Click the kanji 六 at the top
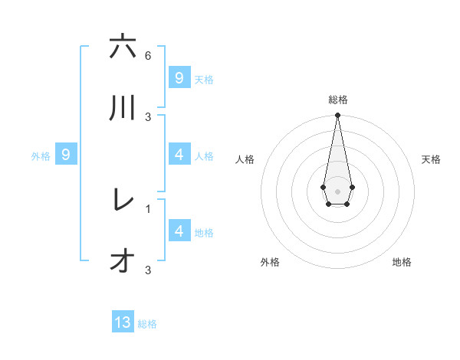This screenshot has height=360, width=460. (x=123, y=47)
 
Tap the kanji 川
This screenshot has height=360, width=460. (x=123, y=108)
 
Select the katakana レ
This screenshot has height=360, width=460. (x=123, y=200)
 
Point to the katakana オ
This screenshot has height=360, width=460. (x=123, y=261)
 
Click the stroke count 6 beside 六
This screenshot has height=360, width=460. (x=148, y=56)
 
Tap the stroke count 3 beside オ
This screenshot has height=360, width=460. (x=148, y=270)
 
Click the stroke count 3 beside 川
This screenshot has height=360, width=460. (x=148, y=116)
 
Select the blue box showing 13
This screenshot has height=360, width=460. (x=123, y=322)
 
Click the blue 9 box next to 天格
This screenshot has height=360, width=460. (x=179, y=78)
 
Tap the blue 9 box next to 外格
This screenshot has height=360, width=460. (x=66, y=155)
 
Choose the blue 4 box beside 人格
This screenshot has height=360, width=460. (x=179, y=155)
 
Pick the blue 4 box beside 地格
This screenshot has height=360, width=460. (x=179, y=231)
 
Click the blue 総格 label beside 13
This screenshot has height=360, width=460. (x=147, y=324)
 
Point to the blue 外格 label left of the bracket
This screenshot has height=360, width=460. (x=41, y=156)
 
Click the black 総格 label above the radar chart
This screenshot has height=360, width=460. (x=337, y=100)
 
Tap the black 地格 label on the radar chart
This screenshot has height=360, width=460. (x=402, y=262)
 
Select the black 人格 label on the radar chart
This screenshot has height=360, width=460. (x=245, y=159)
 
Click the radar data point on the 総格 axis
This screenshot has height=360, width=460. (x=337, y=116)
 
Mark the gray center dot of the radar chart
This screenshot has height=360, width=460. (x=337, y=191)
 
